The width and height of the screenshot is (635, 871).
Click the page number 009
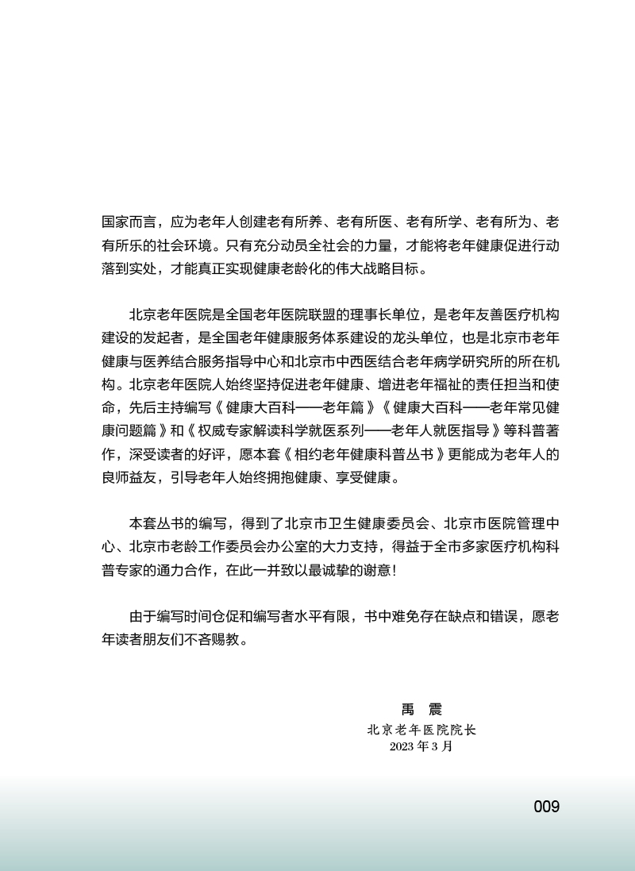coord(546,807)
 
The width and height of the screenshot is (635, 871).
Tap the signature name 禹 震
coord(421,709)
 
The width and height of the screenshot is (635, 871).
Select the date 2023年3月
coord(421,746)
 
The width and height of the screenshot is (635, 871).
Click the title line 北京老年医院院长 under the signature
coord(421,728)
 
